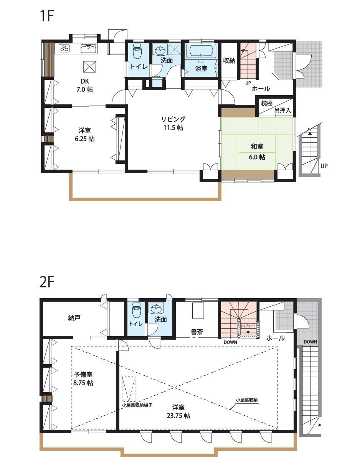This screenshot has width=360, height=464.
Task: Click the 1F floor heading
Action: click(x=46, y=16)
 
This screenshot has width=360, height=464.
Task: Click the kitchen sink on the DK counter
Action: click(x=89, y=48)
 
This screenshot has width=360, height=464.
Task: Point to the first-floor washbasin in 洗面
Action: click(x=160, y=50)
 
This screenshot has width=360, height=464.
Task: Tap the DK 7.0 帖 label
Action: click(x=85, y=86)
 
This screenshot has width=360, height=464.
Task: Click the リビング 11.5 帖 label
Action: click(x=173, y=124)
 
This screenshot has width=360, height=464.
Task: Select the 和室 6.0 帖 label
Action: click(x=257, y=152)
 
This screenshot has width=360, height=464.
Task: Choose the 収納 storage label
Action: click(x=229, y=61)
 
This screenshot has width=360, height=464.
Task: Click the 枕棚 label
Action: click(x=267, y=103)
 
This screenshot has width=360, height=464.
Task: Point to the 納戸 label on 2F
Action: click(x=74, y=318)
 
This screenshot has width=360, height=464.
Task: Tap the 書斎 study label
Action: click(x=197, y=332)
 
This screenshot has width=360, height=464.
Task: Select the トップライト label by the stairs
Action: click(x=248, y=326)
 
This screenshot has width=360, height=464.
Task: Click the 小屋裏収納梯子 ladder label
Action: click(x=137, y=405)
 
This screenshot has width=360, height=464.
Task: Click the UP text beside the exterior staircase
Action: click(x=324, y=166)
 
